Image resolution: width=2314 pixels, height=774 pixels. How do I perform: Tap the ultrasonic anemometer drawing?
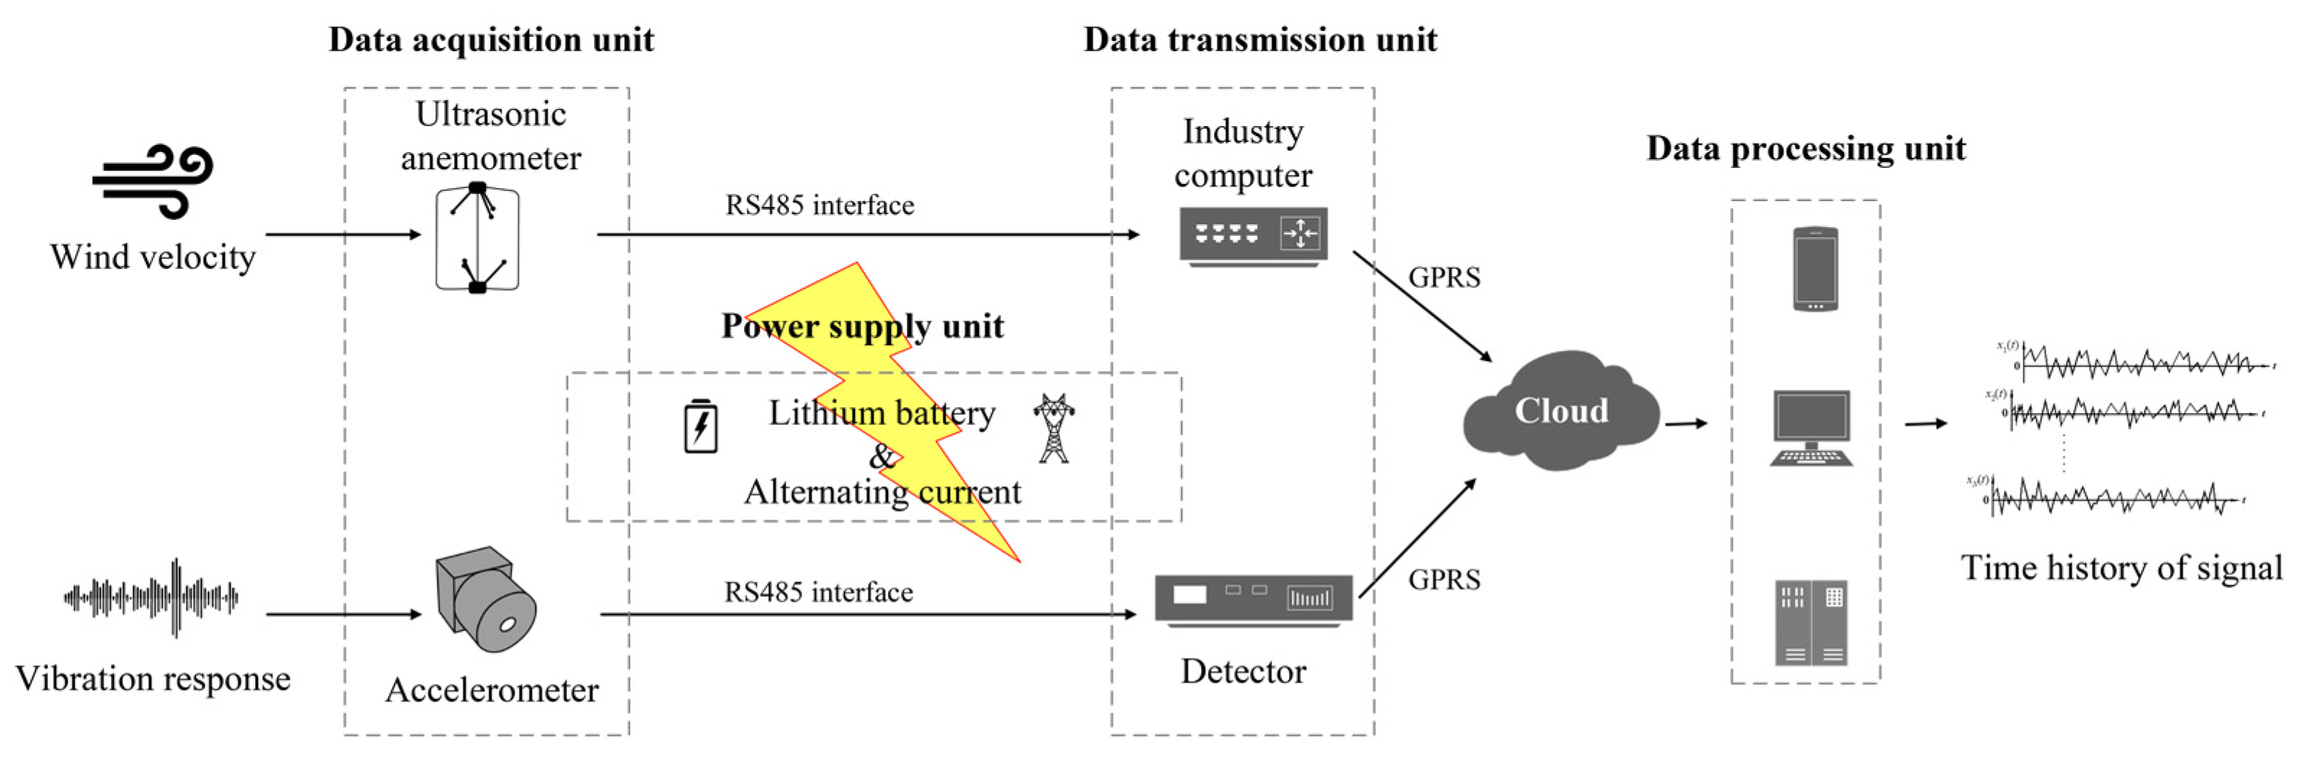[x=477, y=238]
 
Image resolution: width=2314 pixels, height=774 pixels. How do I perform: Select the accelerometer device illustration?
[x=485, y=599]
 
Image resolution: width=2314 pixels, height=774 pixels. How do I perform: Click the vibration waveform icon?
[x=151, y=597]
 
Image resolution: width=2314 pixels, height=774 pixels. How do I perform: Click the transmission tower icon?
[x=1054, y=428]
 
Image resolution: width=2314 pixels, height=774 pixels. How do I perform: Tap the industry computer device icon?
[x=1252, y=236]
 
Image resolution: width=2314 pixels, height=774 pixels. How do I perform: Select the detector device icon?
[x=1253, y=600]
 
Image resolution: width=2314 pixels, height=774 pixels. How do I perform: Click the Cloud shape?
[x=1561, y=412]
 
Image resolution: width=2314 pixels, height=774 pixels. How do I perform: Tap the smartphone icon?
[x=1814, y=270]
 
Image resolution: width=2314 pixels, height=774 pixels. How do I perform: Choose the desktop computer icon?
[x=1811, y=428]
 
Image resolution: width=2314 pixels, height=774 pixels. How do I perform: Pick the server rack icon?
[x=1811, y=622]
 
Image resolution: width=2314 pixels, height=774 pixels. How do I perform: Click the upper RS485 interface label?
[x=819, y=205]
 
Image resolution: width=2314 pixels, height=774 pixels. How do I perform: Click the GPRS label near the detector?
[x=1444, y=580]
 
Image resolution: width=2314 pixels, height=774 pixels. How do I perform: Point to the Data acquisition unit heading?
[x=492, y=40]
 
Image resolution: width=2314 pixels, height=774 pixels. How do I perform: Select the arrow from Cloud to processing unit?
[x=1685, y=423]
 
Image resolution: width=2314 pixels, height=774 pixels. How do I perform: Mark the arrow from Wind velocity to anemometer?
[x=343, y=235]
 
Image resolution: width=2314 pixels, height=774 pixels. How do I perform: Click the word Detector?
[x=1244, y=672]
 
